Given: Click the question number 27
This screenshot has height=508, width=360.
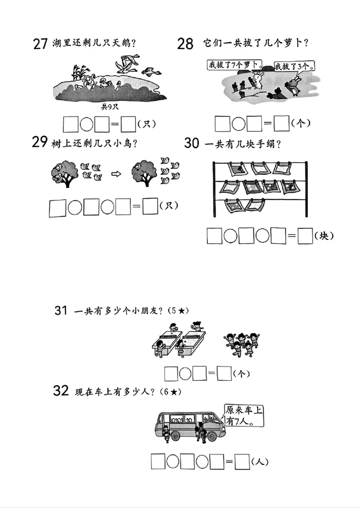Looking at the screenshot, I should (x=40, y=44).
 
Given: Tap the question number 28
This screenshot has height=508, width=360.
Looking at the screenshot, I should (x=185, y=44).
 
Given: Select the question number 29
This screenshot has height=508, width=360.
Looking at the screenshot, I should (x=40, y=142).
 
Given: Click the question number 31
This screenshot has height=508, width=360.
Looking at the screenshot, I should (x=61, y=310).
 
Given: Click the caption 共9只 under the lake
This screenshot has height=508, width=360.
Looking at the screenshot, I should (x=109, y=107).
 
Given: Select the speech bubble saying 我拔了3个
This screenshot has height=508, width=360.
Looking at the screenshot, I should (x=293, y=67).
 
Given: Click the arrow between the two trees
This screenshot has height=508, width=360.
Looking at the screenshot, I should (x=116, y=174).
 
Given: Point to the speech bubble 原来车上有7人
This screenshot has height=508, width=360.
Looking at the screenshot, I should (x=243, y=416).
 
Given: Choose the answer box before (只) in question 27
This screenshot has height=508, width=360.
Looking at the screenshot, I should (x=129, y=124).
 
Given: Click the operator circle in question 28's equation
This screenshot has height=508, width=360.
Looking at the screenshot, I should (x=238, y=124).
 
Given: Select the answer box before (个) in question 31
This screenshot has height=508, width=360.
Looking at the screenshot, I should (x=224, y=373).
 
